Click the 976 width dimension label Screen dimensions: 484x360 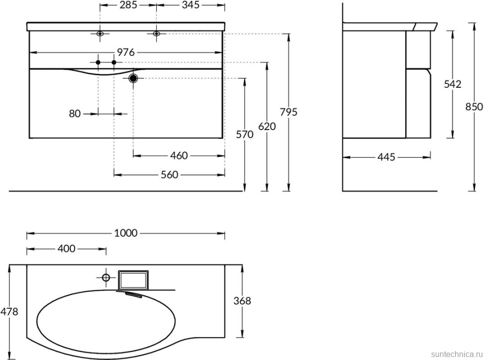click(127, 52)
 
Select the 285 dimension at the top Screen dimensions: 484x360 click(128, 5)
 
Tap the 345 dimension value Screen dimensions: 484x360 click(191, 5)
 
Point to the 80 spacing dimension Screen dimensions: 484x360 click(75, 114)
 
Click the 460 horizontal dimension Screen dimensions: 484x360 click(179, 156)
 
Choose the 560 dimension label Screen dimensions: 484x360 click(170, 175)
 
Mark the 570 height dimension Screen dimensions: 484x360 click(244, 135)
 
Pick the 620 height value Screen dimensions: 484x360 click(267, 126)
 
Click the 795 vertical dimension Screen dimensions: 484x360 click(288, 112)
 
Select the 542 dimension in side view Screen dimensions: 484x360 click(453, 84)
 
